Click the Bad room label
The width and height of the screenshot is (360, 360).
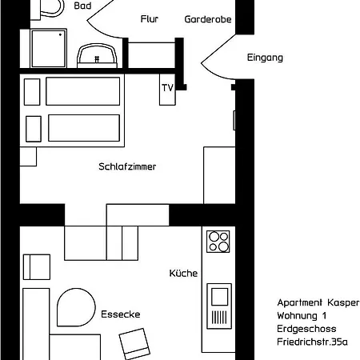(82, 6)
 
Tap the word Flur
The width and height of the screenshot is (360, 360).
(150, 19)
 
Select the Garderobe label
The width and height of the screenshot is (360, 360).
(208, 19)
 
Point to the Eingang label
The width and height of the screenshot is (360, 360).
(265, 58)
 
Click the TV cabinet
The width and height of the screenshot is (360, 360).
(167, 90)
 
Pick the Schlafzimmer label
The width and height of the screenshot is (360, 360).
(127, 166)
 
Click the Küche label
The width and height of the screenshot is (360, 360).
(183, 273)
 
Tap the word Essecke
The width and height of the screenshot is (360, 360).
(121, 314)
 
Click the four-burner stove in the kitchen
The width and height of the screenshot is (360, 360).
(218, 242)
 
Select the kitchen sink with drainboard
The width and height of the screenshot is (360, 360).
(219, 306)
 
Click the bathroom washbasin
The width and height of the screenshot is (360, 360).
(97, 56)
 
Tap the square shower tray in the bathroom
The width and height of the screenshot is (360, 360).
(49, 48)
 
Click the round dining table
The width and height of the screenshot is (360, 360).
(76, 307)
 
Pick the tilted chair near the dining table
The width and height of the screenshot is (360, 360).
(134, 344)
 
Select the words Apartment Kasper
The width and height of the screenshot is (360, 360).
(318, 302)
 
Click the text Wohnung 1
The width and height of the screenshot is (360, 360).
(302, 316)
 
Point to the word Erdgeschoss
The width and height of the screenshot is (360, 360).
(306, 329)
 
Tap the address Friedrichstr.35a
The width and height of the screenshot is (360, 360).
(312, 342)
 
